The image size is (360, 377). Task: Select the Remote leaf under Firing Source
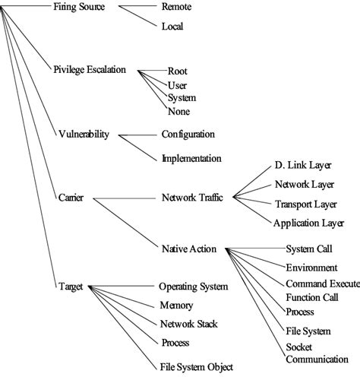pyautogui.click(x=176, y=7)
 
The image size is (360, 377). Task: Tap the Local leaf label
pyautogui.click(x=172, y=27)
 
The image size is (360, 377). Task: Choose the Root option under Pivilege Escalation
pyautogui.click(x=177, y=71)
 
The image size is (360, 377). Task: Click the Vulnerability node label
pyautogui.click(x=84, y=135)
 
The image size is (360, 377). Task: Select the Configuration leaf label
pyautogui.click(x=188, y=135)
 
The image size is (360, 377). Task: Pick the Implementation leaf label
pyautogui.click(x=191, y=158)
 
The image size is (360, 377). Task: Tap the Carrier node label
pyautogui.click(x=71, y=198)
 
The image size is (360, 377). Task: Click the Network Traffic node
pyautogui.click(x=192, y=198)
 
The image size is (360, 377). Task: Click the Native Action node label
pyautogui.click(x=189, y=248)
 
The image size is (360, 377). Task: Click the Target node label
pyautogui.click(x=70, y=287)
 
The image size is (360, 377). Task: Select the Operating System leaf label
pyautogui.click(x=193, y=287)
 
